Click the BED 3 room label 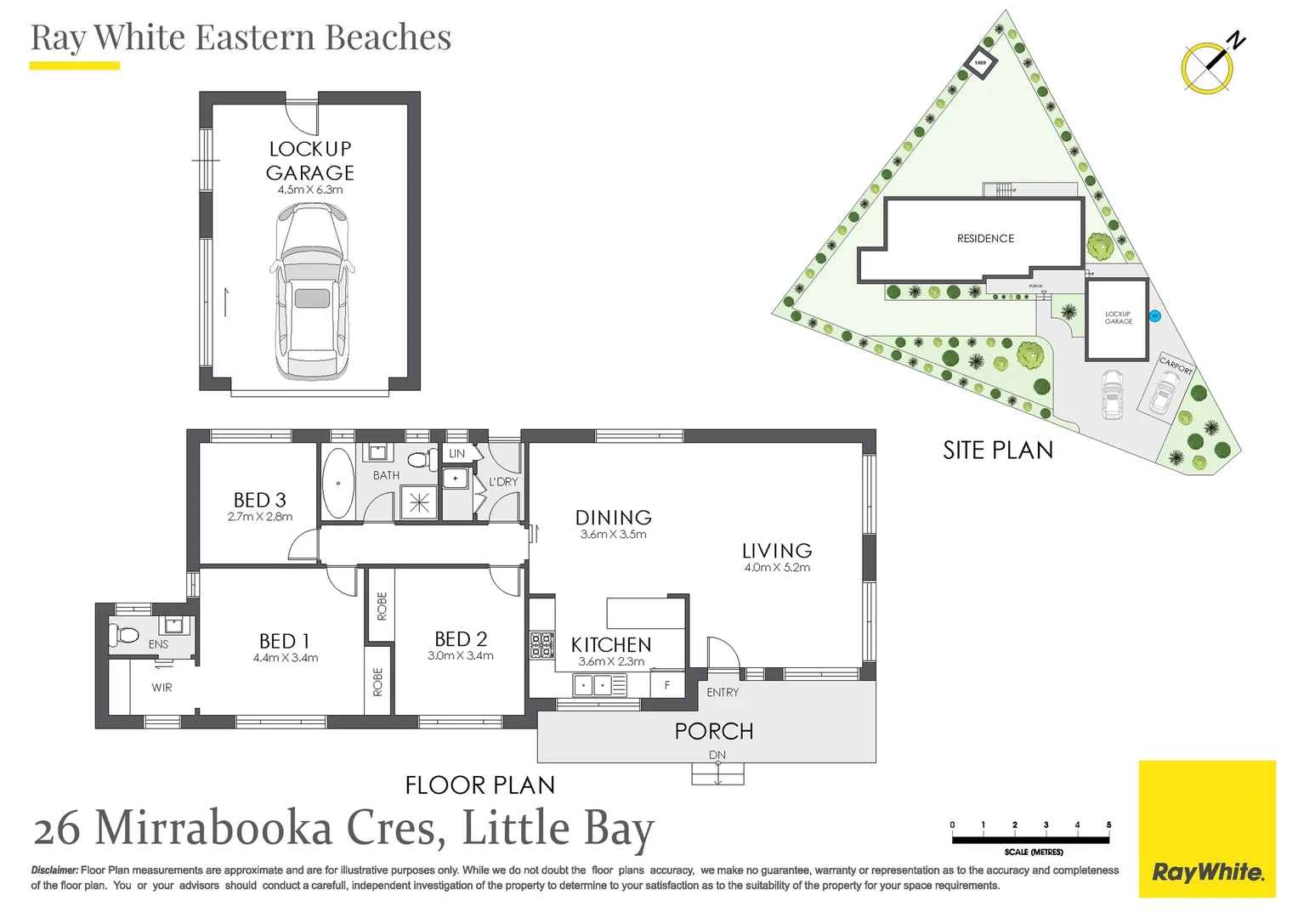259,500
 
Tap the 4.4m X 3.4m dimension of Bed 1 286,658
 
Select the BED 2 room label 460,639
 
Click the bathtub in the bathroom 338,484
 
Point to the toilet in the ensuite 124,634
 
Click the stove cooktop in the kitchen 542,645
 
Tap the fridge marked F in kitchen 667,684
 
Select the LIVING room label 777,551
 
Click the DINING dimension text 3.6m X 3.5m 613,535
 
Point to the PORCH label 714,731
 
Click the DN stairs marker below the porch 717,755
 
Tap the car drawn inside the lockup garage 312,293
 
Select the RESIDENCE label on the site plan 985,239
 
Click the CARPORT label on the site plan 1176,365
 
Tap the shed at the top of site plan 980,64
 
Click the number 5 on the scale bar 1108,824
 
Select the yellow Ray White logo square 1207,829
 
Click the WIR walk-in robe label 162,688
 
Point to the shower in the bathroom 419,502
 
